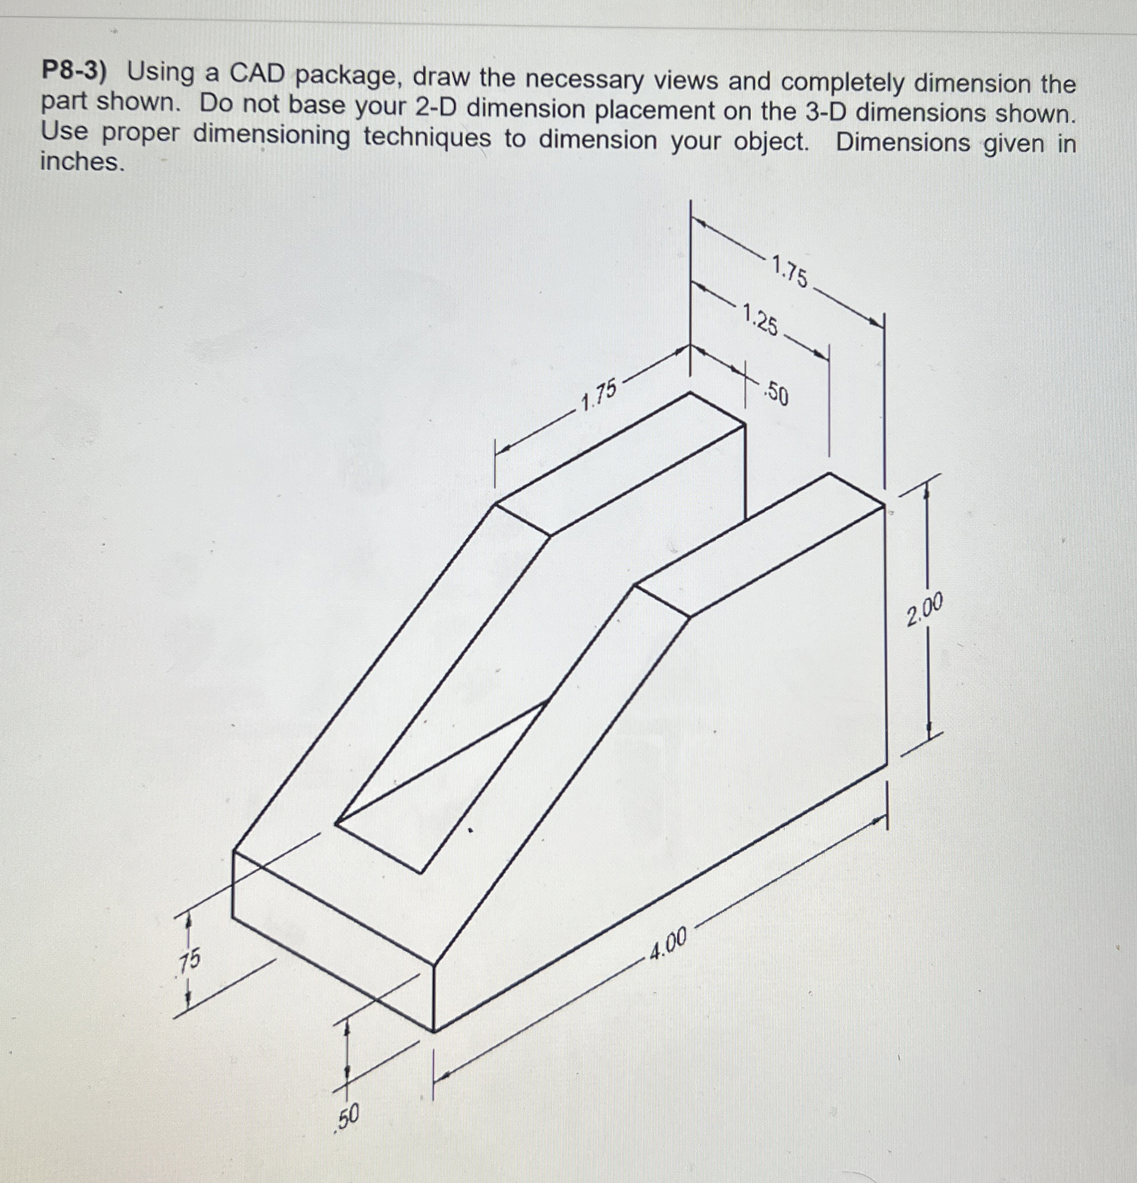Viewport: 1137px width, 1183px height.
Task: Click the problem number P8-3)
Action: tap(73, 72)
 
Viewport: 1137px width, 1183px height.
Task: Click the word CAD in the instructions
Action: tap(256, 74)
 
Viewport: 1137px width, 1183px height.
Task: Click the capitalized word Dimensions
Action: tap(902, 143)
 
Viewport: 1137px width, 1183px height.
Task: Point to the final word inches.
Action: tap(81, 162)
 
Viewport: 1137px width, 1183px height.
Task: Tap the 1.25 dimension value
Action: tap(761, 320)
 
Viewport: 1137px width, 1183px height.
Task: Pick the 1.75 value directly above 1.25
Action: tap(790, 271)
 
